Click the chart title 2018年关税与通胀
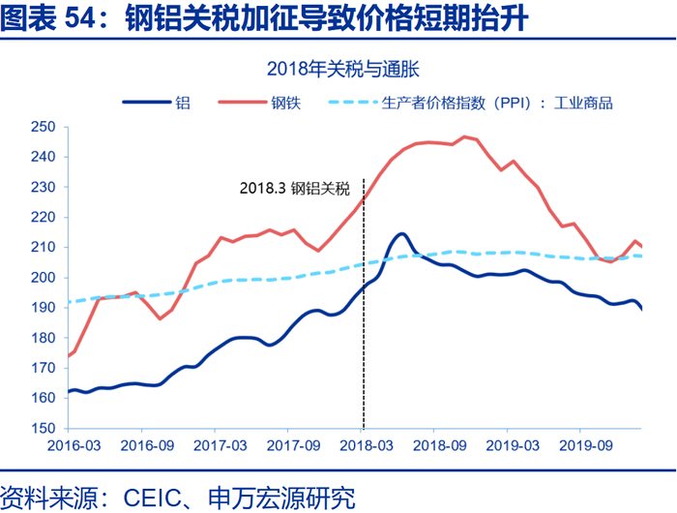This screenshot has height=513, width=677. pyautogui.click(x=338, y=69)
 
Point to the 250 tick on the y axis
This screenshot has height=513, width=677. pyautogui.click(x=44, y=127)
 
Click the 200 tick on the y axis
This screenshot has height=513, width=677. pyautogui.click(x=44, y=278)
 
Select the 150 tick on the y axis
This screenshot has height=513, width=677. pyautogui.click(x=44, y=428)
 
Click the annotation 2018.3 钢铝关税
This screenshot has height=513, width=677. pyautogui.click(x=294, y=190)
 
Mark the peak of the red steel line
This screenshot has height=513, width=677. pyautogui.click(x=464, y=136)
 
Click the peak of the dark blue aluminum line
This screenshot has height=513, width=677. pyautogui.click(x=400, y=233)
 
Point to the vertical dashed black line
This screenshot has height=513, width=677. pyautogui.click(x=363, y=310)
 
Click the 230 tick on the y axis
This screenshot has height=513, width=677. pyautogui.click(x=44, y=187)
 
